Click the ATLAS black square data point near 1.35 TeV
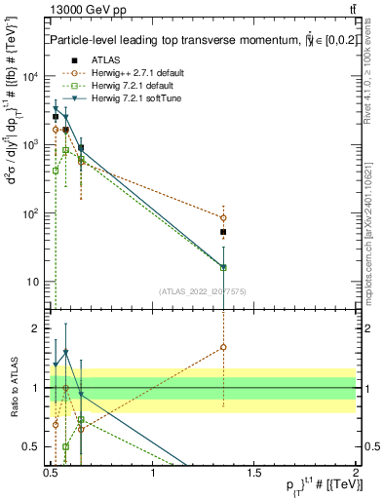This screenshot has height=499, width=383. (x=223, y=233)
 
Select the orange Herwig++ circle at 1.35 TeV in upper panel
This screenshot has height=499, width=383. (x=223, y=218)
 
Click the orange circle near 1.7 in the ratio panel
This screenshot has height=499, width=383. (x=223, y=347)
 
